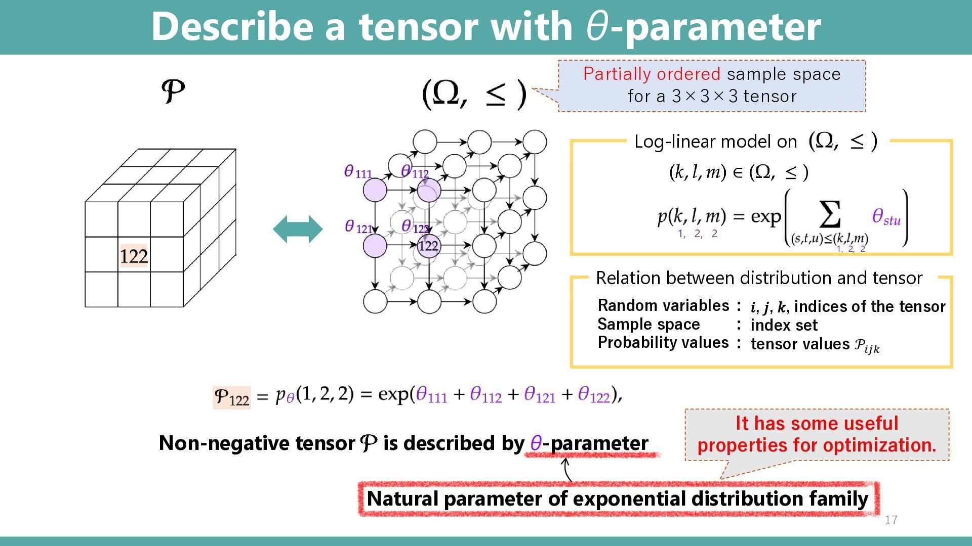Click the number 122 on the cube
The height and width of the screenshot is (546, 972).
134,256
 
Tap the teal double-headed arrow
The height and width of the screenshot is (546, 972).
298,229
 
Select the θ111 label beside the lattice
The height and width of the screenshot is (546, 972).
358,172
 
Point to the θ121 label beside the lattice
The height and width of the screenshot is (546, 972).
358,227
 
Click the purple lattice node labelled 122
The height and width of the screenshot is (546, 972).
429,246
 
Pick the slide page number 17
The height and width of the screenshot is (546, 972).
891,520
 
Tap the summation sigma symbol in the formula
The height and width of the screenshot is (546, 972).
830,214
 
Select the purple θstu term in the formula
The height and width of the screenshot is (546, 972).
886,217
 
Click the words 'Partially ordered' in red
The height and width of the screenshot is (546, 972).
652,74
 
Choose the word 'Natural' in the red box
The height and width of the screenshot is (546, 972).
402,498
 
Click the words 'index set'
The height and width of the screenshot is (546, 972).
784,325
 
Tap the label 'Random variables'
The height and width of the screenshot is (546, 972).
663,305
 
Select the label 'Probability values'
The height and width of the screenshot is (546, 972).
663,343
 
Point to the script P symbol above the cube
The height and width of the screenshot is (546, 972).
173,92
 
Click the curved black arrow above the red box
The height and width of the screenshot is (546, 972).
567,469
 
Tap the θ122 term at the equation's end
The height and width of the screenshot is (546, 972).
594,394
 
